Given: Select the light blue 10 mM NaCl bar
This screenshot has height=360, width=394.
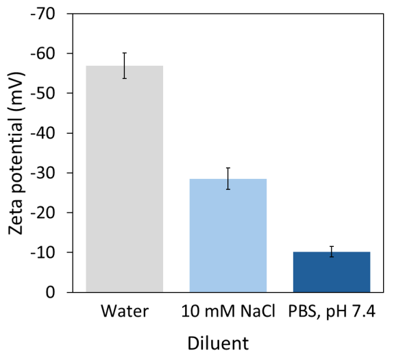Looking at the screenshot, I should (x=227, y=237).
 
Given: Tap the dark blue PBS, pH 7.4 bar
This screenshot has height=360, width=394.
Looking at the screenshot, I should (x=331, y=272).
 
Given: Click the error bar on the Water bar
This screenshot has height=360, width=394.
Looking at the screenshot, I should (x=124, y=65).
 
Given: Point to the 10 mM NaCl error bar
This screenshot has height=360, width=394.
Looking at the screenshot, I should (x=227, y=178).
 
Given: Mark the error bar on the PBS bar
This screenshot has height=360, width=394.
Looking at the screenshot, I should (x=331, y=251).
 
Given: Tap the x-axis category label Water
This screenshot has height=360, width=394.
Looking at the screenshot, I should (x=124, y=312).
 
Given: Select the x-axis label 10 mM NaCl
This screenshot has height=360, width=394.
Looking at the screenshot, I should (x=227, y=312).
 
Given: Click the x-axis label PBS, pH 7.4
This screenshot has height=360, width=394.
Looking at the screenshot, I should (x=331, y=312).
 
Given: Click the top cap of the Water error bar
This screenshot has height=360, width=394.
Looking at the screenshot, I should (x=124, y=53).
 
